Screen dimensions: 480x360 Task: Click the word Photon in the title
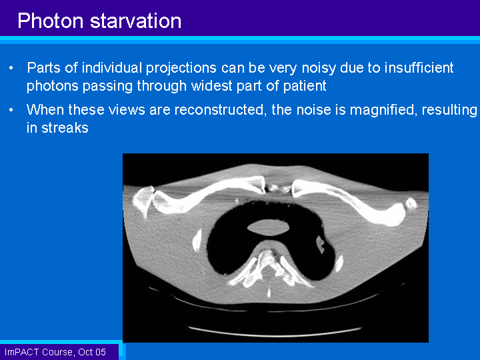51,21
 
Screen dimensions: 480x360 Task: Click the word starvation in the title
135,21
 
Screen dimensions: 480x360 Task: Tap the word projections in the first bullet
181,69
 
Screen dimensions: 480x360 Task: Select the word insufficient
419,67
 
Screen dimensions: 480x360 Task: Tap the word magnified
383,110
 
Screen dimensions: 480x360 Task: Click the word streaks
65,128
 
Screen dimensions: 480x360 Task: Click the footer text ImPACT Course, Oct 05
55,352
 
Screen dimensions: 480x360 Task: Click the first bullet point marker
11,68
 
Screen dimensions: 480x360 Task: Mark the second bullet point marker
11,110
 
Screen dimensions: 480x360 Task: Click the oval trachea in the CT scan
268,227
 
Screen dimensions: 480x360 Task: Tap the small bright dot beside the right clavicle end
411,203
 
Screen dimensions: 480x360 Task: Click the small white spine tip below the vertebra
269,293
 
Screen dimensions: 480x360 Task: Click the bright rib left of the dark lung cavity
197,241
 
